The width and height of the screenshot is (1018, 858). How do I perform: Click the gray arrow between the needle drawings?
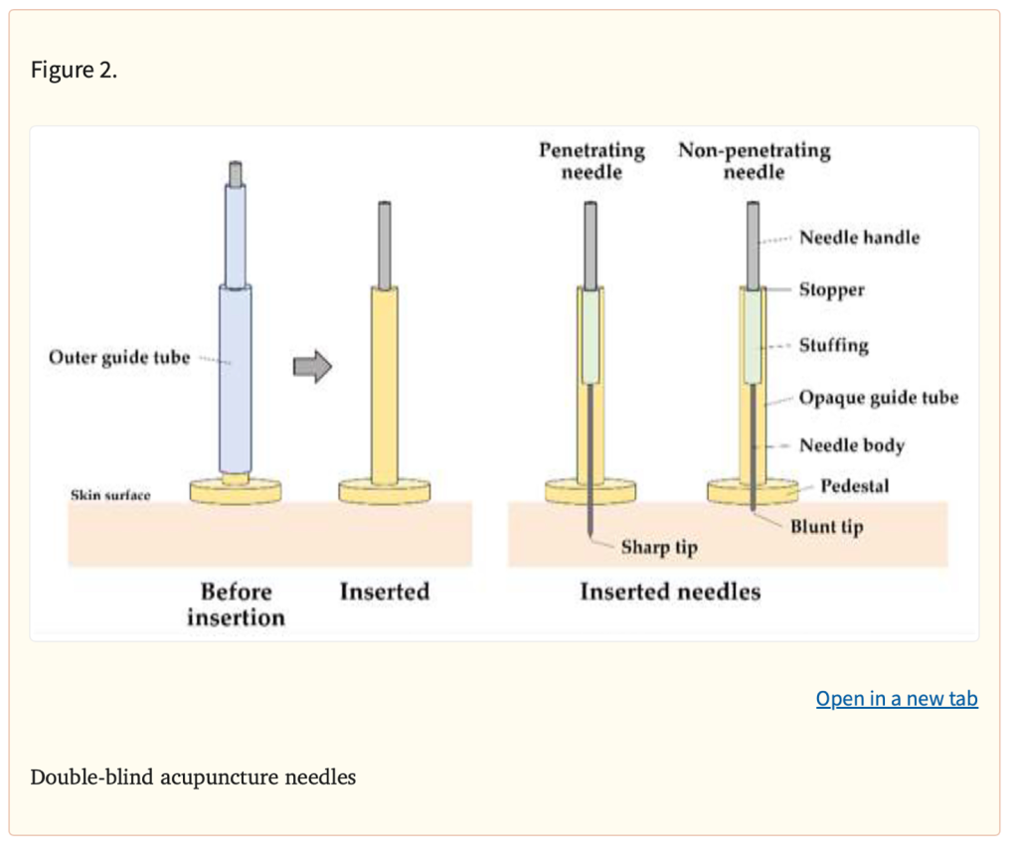point(312,366)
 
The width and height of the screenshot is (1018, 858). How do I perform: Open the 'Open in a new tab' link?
point(897,698)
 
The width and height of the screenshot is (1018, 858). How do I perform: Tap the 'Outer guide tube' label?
point(119,357)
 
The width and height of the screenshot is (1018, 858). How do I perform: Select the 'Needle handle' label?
point(860,237)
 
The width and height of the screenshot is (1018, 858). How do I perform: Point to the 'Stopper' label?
point(832,289)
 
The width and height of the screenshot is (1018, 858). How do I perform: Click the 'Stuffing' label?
point(834,345)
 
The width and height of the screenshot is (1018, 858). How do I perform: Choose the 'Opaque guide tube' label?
point(879,397)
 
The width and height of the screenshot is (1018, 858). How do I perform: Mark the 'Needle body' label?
point(852,445)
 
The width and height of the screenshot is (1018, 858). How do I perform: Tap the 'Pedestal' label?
point(854,486)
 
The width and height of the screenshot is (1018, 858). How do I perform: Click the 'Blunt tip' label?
point(826,526)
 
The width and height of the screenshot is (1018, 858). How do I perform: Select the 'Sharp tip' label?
point(659,547)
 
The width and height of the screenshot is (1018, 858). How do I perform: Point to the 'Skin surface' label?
point(110,495)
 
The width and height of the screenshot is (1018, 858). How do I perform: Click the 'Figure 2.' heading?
point(74,70)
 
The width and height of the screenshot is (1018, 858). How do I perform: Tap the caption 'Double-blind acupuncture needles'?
point(193,776)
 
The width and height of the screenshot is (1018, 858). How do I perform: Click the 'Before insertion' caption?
point(236,604)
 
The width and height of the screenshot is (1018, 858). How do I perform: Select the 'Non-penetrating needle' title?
point(755,160)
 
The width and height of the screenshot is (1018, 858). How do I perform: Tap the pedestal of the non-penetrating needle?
point(753,492)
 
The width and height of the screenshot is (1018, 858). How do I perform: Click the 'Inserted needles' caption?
point(670,592)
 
